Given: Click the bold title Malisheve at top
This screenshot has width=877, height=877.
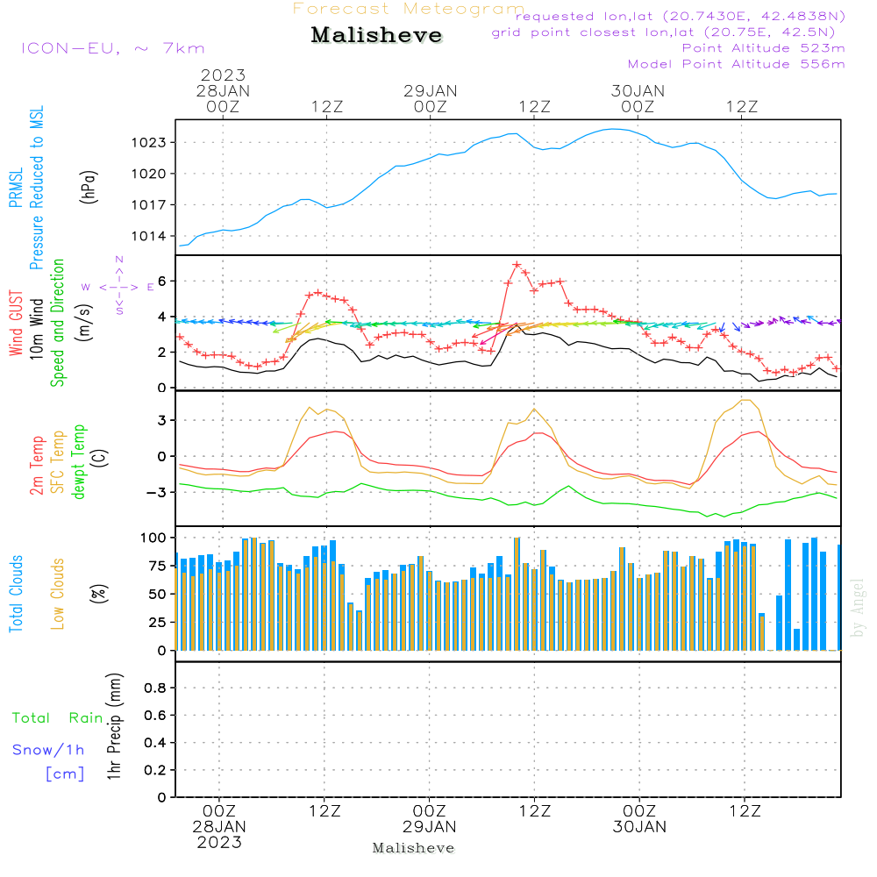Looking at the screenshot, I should tap(376, 36).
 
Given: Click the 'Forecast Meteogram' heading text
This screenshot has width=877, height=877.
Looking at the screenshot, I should tap(409, 9).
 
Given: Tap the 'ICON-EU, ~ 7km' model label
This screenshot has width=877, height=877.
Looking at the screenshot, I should tap(112, 48).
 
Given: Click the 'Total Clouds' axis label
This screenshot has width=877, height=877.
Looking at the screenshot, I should tap(17, 594).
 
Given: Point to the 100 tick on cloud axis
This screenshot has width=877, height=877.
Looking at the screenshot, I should tap(155, 537).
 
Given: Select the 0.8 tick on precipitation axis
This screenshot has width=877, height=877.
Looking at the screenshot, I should tap(155, 688).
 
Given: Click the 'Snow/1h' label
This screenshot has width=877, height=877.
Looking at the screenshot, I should tap(49, 750).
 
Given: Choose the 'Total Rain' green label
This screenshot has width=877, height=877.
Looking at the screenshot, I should tap(58, 718).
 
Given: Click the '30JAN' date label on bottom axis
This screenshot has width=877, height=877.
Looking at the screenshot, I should tap(639, 827).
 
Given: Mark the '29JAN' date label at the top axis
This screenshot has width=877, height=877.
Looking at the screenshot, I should tap(430, 90).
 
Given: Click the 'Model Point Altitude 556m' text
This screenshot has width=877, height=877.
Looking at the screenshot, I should tap(736, 64).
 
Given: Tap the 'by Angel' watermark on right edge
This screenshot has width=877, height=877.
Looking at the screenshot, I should tap(858, 609).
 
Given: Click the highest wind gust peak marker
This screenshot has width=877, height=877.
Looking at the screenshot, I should tap(517, 265).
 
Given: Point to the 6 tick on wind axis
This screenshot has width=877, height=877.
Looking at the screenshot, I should tap(162, 282).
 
